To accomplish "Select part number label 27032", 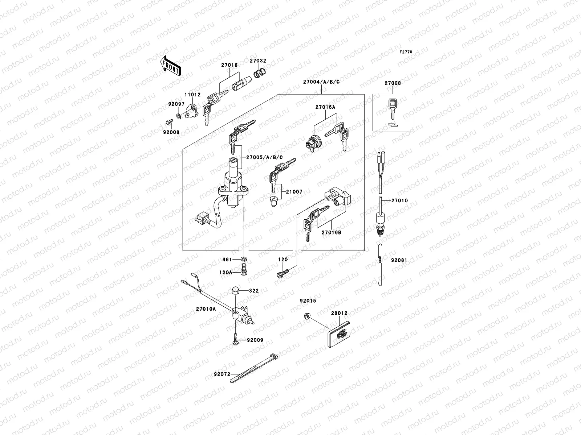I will pyautogui.click(x=258, y=61).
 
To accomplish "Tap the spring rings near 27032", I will pyautogui.click(x=258, y=74).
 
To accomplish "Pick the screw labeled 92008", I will pyautogui.click(x=169, y=122).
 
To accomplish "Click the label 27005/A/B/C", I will pyautogui.click(x=264, y=157).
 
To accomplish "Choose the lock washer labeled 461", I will pyautogui.click(x=244, y=259).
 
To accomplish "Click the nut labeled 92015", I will pyautogui.click(x=307, y=316).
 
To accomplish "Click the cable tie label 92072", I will pyautogui.click(x=222, y=374).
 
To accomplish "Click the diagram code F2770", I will pyautogui.click(x=406, y=52).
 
